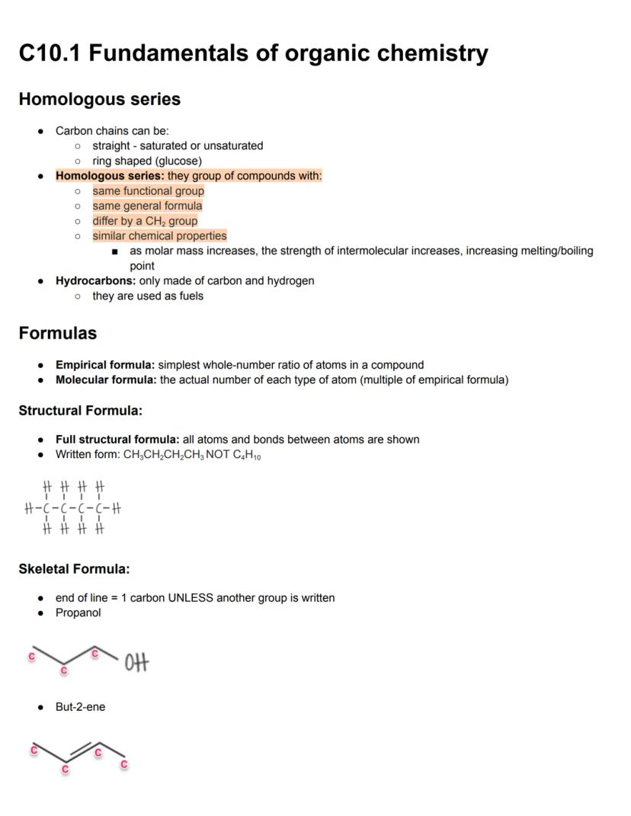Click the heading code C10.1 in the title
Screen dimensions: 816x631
pyautogui.click(x=51, y=53)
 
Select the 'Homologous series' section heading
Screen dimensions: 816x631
pyautogui.click(x=100, y=100)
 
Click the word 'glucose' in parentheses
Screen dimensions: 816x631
pyautogui.click(x=179, y=161)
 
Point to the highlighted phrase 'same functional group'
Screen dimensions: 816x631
pyautogui.click(x=149, y=191)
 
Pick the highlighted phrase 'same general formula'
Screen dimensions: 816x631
pyautogui.click(x=148, y=206)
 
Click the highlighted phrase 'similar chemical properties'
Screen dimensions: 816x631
pyautogui.click(x=159, y=236)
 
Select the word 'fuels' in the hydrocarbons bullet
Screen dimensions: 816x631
pyautogui.click(x=191, y=296)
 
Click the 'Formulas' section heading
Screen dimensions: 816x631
pyautogui.click(x=58, y=334)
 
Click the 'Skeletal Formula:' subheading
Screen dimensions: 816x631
pyautogui.click(x=74, y=569)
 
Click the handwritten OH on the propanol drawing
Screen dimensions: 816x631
pyautogui.click(x=136, y=664)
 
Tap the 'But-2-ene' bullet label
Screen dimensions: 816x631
pyautogui.click(x=80, y=707)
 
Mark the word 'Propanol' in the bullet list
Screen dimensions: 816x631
pyautogui.click(x=78, y=613)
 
